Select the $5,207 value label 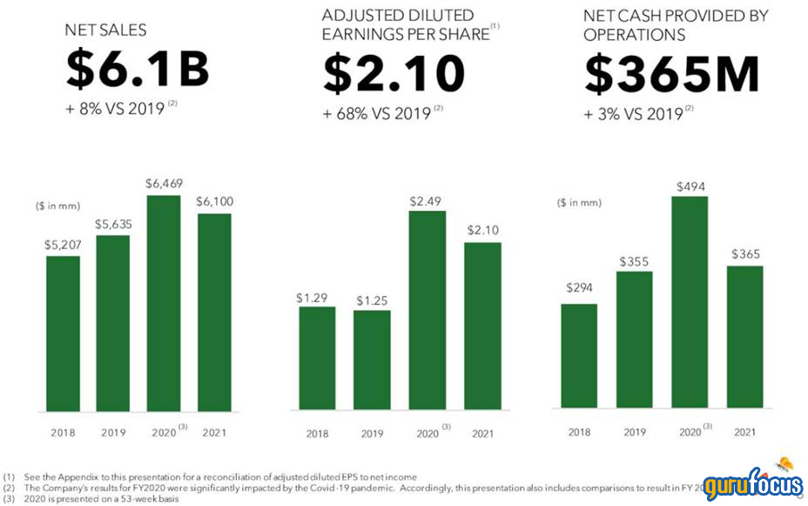pyautogui.click(x=63, y=245)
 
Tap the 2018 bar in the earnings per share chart pyautogui.click(x=317, y=358)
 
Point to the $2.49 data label pyautogui.click(x=428, y=201)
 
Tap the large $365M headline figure pyautogui.click(x=672, y=73)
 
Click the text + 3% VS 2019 pyautogui.click(x=635, y=114)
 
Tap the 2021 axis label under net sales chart pyautogui.click(x=214, y=433)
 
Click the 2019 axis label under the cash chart pyautogui.click(x=634, y=432)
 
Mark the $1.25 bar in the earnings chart pyautogui.click(x=372, y=360)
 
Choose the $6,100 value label pyautogui.click(x=214, y=201)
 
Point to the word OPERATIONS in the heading pyautogui.click(x=635, y=35)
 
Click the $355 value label pyautogui.click(x=634, y=260)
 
